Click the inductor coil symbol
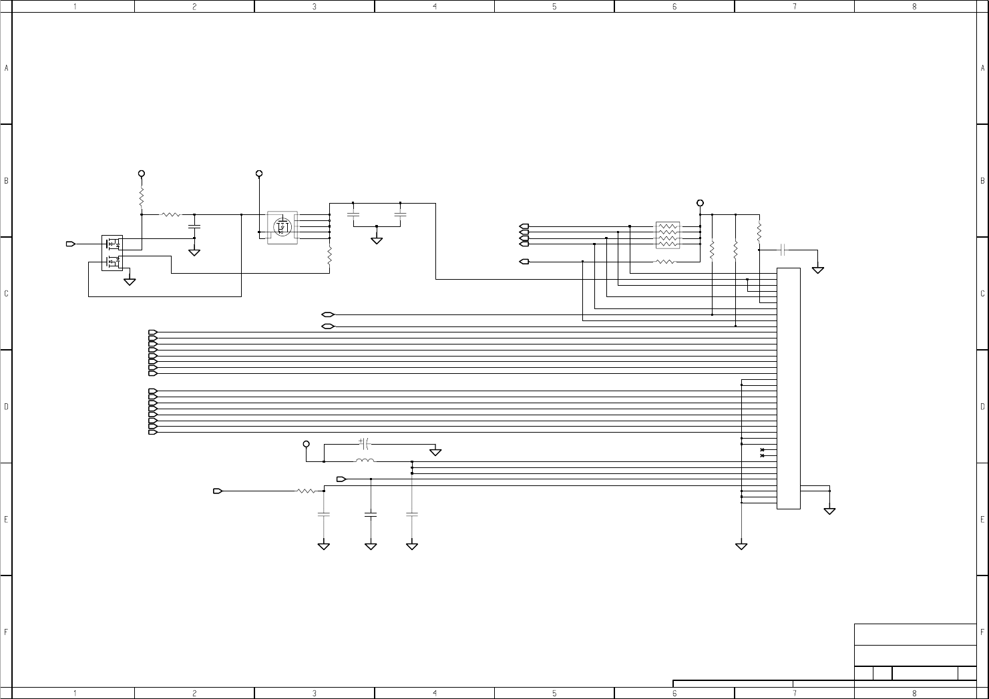tap(365, 461)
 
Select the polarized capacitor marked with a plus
tap(364, 443)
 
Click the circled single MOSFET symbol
tap(283, 227)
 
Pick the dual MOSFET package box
tap(112, 252)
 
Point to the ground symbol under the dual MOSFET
tap(130, 282)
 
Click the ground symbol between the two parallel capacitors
tap(377, 240)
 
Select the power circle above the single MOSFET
tap(259, 174)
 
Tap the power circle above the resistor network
tap(700, 203)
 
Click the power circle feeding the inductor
tap(307, 444)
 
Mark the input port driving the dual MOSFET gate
tap(70, 244)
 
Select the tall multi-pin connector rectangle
tap(788, 388)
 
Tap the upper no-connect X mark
tap(762, 450)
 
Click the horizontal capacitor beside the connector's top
tap(783, 250)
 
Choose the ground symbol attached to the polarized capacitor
tap(435, 452)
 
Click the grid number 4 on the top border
tap(435, 6)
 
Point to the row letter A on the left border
tap(6, 68)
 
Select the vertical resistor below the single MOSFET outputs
tap(330, 255)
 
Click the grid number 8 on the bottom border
tap(914, 693)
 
